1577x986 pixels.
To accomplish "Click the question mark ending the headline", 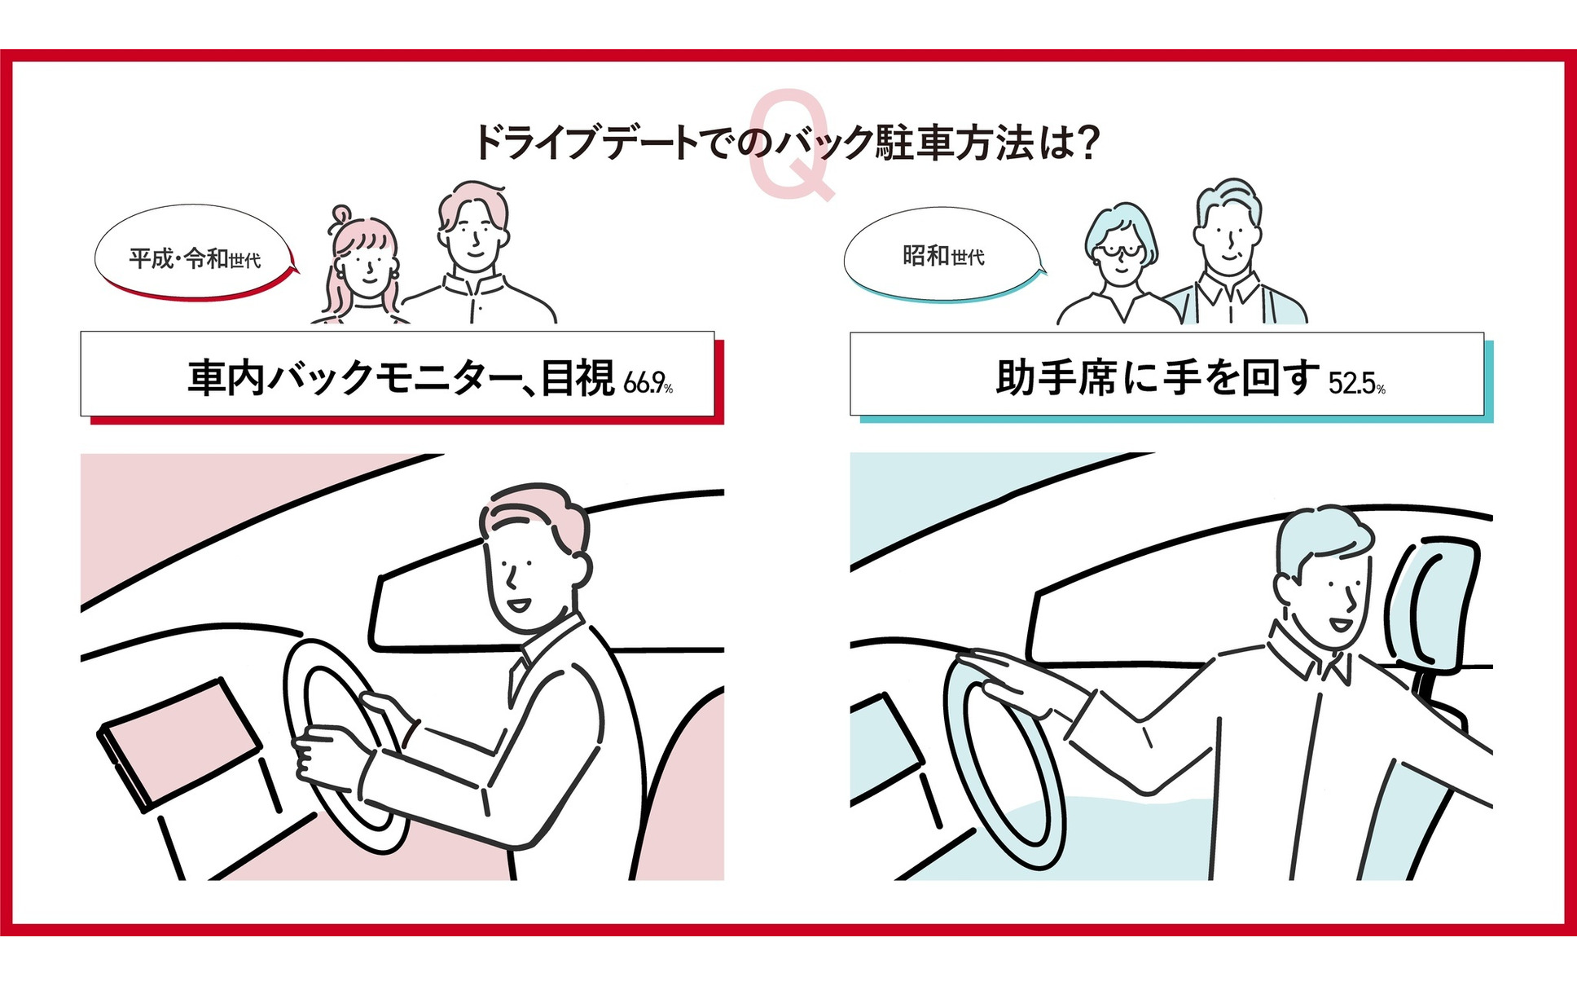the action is [x=1087, y=142].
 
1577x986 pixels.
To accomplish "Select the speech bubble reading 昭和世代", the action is [x=943, y=255].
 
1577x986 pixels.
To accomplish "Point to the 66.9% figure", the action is [x=648, y=382].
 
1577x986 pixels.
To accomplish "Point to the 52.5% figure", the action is [x=1356, y=382].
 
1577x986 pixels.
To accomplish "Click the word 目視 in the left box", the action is [x=578, y=378].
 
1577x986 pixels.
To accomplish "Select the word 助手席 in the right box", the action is [x=1056, y=379].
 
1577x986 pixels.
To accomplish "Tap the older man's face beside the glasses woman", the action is [x=1227, y=236].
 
